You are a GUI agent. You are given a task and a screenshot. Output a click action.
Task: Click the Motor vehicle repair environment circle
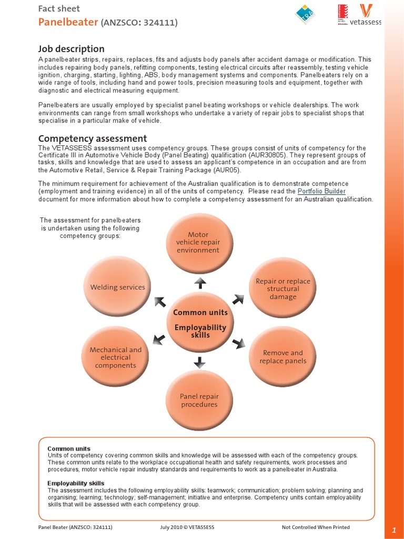pos(198,242)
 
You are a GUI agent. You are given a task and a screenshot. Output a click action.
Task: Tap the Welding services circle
pos(117,287)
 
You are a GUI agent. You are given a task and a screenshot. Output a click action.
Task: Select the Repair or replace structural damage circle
pos(282,289)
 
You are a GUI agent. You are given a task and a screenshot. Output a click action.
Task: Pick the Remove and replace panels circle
pos(282,356)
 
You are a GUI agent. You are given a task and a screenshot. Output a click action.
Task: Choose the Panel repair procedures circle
pos(199,401)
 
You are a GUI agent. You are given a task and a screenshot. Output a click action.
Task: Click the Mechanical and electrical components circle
pos(116,357)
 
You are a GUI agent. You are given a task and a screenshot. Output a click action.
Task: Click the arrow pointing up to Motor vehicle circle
pos(200,284)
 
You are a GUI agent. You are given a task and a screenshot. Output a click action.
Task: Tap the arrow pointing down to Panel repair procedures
pos(199,362)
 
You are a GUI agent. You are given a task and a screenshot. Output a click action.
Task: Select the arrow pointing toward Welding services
pos(160,301)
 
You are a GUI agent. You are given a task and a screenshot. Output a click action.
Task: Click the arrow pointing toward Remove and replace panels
pos(239,343)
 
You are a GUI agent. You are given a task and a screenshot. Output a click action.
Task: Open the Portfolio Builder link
pos(321,191)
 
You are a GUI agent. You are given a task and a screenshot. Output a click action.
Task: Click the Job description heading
pos(71,48)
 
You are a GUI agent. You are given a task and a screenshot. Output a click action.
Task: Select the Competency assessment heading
pos(93,138)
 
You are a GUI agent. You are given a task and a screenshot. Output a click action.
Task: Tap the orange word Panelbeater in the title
pos(68,22)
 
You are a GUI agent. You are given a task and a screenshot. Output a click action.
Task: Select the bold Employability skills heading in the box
pos(76,483)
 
